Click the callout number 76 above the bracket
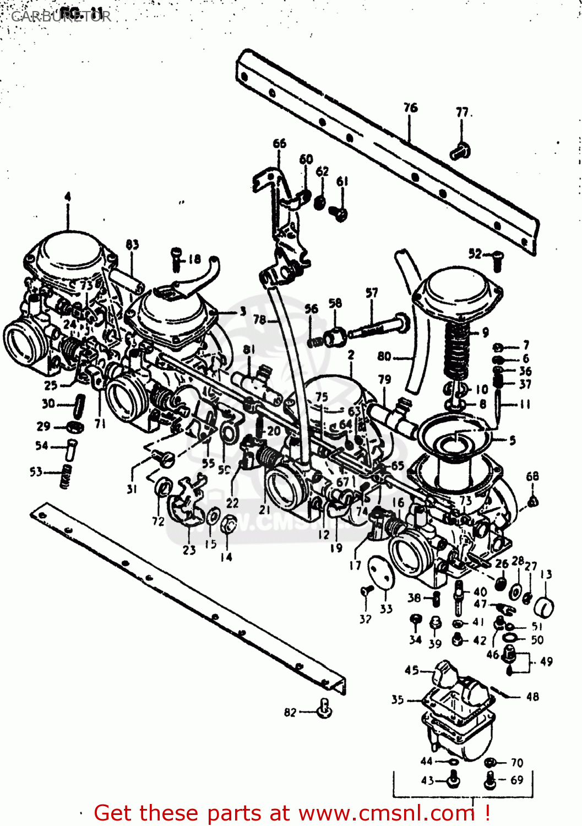(x=410, y=107)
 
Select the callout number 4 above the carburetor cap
(x=68, y=197)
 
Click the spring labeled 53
(x=66, y=475)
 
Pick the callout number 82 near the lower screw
(x=290, y=713)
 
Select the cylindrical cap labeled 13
(x=544, y=607)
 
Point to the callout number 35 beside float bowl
(x=398, y=700)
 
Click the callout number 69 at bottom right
(x=516, y=780)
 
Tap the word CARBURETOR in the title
(x=61, y=16)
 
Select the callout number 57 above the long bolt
(x=372, y=292)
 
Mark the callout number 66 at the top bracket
(x=280, y=144)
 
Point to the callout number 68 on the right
(x=532, y=476)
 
